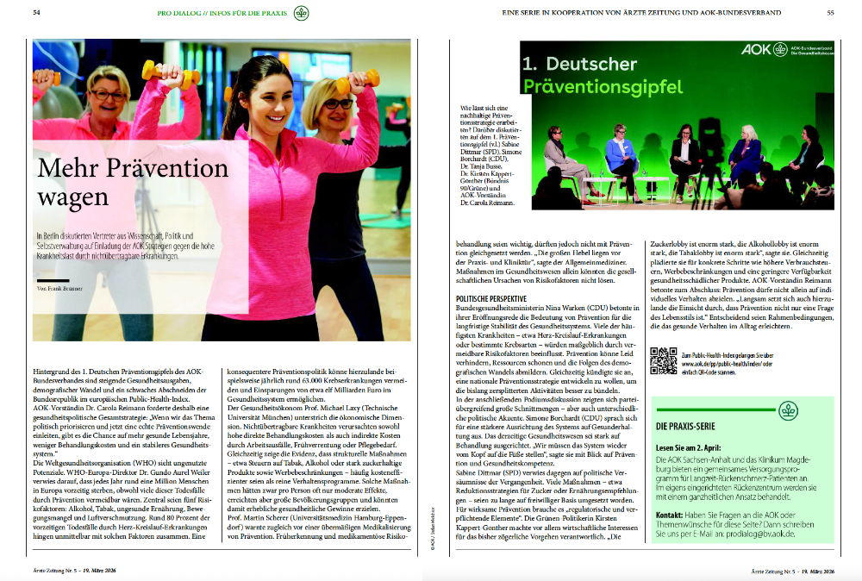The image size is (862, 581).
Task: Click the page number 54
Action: [37, 13]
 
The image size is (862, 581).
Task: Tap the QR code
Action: [662, 359]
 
